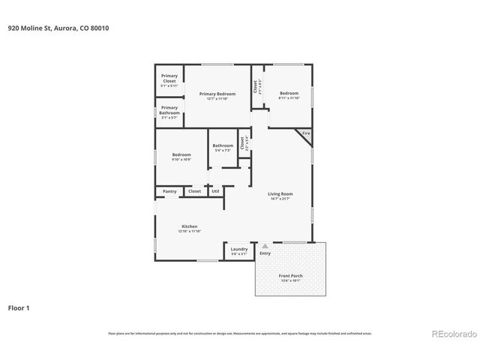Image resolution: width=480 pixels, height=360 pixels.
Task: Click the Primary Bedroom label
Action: click(x=217, y=94)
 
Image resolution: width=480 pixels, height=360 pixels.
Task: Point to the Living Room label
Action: click(x=280, y=194)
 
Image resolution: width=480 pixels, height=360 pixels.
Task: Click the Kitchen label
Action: click(x=189, y=226)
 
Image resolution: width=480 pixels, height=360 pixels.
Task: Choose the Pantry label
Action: click(x=170, y=191)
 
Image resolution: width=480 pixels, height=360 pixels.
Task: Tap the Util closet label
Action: click(x=215, y=191)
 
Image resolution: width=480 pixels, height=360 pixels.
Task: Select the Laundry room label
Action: click(x=239, y=249)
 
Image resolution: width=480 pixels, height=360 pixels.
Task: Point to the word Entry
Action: click(x=265, y=253)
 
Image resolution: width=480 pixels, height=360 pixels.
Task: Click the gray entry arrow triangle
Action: click(x=265, y=244)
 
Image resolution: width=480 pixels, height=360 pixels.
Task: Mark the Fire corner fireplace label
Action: click(x=305, y=133)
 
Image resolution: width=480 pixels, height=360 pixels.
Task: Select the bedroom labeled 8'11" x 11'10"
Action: click(x=289, y=94)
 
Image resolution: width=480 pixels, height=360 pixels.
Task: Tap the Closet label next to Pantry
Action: click(x=194, y=191)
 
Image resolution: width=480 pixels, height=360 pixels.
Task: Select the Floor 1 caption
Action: click(x=19, y=307)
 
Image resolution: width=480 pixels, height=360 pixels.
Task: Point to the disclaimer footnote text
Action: click(x=240, y=333)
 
